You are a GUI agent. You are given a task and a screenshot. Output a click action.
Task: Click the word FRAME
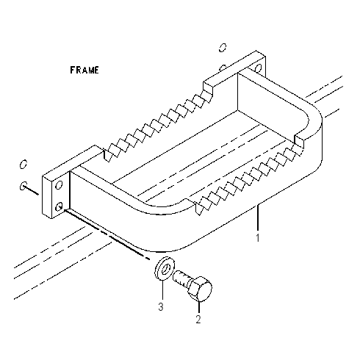84,70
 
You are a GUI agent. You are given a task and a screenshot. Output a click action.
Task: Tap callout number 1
257,238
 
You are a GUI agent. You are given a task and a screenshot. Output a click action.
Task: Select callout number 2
198,319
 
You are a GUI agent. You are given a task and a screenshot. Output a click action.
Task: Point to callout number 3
161,306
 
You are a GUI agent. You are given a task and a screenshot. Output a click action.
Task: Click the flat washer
165,268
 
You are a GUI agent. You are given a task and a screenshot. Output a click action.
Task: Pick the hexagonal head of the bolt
200,289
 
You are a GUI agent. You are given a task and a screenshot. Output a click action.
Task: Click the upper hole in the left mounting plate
59,185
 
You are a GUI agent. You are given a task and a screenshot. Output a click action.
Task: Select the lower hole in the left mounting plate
59,207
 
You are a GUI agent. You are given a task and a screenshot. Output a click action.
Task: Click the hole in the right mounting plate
258,68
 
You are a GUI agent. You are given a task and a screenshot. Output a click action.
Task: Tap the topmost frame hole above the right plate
223,48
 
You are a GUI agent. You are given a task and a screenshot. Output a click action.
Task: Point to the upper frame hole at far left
24,164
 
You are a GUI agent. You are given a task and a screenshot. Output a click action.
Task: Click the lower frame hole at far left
24,186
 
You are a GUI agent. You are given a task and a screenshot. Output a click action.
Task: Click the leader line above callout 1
257,217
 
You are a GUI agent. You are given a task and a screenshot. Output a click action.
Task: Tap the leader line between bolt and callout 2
198,306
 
